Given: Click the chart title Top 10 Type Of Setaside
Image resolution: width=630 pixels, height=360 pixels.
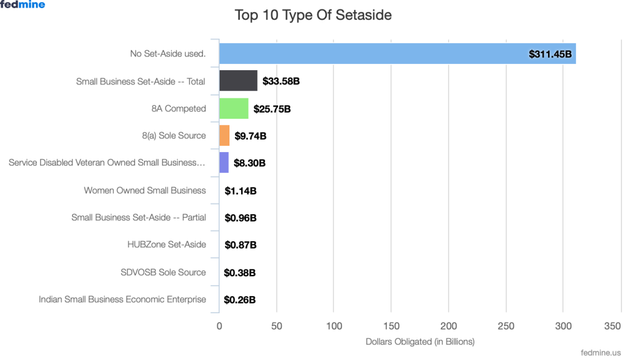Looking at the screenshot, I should click(x=313, y=15).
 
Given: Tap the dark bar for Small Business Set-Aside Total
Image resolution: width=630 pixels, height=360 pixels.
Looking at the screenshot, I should click(x=238, y=81).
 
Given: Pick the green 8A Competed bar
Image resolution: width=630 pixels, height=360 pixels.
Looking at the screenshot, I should click(x=234, y=108).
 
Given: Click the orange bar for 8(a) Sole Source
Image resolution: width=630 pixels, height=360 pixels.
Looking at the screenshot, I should click(x=225, y=135).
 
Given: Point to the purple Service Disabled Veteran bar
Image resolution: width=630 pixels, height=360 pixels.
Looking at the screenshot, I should click(x=224, y=162).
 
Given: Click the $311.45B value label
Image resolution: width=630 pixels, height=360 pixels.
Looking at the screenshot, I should click(x=551, y=54).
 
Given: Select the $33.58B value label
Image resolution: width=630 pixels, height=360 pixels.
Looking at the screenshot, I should click(x=281, y=81).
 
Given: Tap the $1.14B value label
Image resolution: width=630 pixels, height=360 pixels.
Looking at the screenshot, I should click(x=241, y=191).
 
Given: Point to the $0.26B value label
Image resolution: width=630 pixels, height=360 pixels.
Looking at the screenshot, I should click(x=240, y=300).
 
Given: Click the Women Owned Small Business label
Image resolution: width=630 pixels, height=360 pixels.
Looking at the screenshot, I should click(x=145, y=190).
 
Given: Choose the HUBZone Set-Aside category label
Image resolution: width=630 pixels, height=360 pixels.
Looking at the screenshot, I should click(x=167, y=244).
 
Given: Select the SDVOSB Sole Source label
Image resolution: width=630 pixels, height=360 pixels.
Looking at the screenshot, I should click(x=163, y=272).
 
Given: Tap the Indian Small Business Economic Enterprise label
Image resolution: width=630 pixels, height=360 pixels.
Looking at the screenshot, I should click(x=122, y=300).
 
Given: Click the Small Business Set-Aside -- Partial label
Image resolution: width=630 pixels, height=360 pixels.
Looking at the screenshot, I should click(x=138, y=217).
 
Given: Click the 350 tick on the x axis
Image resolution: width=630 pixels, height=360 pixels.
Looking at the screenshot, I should click(x=613, y=326).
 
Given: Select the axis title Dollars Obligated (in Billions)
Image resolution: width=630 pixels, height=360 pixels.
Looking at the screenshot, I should click(x=420, y=342).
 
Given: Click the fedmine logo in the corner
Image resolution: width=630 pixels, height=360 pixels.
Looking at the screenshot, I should click(x=23, y=5).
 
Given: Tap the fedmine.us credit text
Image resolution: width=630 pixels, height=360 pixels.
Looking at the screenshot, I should click(x=600, y=353).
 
